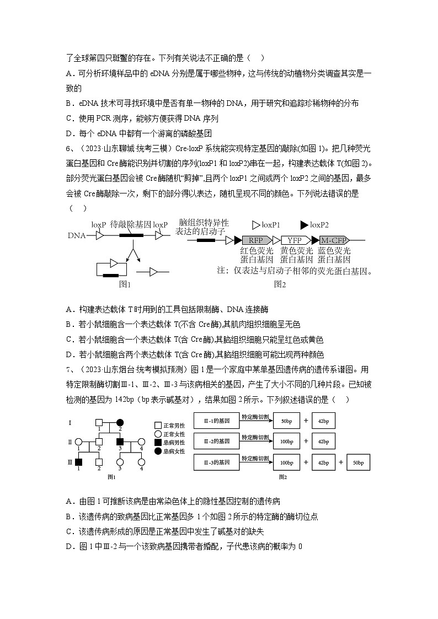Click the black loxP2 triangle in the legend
(x=305, y=225)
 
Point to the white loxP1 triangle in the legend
(x=256, y=225)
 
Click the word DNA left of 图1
(x=77, y=235)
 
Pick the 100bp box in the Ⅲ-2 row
(x=286, y=442)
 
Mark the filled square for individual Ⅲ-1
(x=78, y=462)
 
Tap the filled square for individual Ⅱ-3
(x=119, y=442)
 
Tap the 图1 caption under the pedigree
(x=111, y=476)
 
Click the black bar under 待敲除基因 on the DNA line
(x=131, y=235)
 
